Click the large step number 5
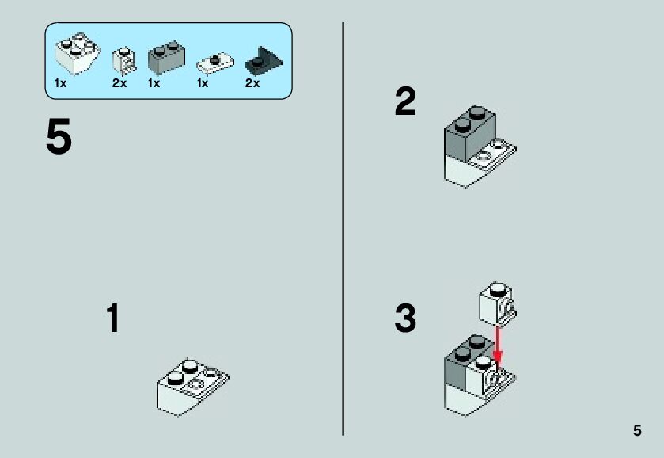pos(59,138)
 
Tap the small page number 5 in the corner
pos(637,431)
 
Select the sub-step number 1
pos(113,319)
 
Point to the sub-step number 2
pos(405,103)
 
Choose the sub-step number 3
pos(405,319)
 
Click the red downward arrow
pos(498,342)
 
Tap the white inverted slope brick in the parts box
pos(76,55)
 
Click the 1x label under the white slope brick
pos(60,83)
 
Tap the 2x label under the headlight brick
pos(120,83)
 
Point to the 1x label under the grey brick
pos(154,83)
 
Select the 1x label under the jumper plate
pos(203,83)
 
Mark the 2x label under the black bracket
pos(252,83)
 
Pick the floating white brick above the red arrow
pos(497,301)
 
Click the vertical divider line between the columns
pos(343,230)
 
